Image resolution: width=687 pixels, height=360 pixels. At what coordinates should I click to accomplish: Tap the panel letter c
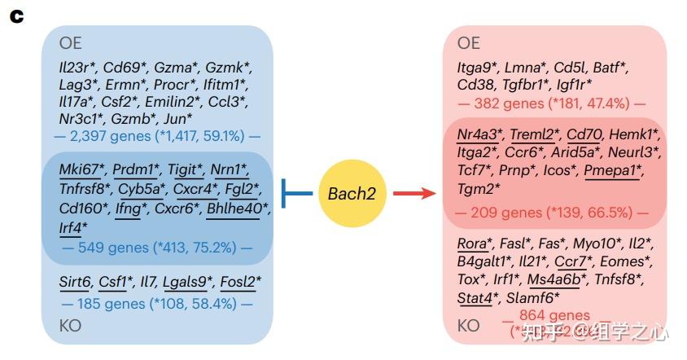tap(16, 15)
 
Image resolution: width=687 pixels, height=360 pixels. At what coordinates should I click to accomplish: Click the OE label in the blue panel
tap(71, 43)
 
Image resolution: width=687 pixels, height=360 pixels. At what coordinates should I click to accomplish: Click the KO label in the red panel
tap(468, 326)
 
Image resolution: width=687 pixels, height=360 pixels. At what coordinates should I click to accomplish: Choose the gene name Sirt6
tap(74, 283)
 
